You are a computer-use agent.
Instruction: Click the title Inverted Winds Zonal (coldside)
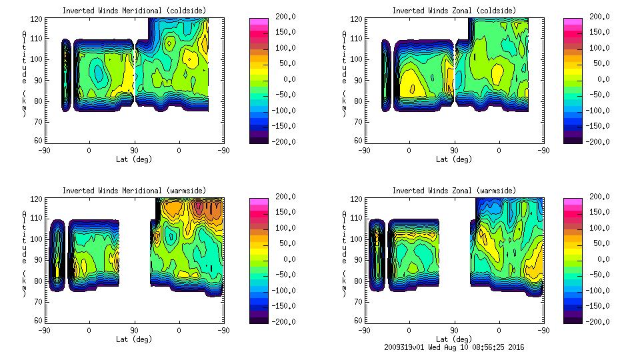454,11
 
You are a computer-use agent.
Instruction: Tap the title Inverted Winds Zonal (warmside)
454,191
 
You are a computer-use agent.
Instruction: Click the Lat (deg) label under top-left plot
134,159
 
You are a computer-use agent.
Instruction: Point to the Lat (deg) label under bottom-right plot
453,339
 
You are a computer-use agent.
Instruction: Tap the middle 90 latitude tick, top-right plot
454,151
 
